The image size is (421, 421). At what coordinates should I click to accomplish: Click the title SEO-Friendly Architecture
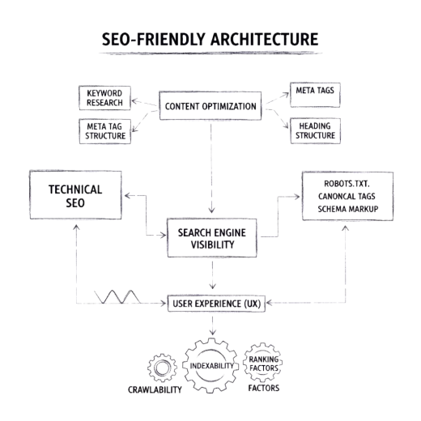pos(210,39)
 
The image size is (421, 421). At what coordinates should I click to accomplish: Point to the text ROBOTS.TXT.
pos(347,184)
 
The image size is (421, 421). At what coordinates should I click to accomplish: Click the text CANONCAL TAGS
pos(347,196)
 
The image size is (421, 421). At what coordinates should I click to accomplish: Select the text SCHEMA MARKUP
pos(348,209)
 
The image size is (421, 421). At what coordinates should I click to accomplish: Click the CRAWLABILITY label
pos(155,389)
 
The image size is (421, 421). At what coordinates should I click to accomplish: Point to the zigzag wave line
pos(117,297)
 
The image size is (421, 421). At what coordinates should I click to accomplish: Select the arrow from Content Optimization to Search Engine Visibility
pos(211,168)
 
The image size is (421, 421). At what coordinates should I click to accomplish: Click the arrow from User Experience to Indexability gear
pos(213,325)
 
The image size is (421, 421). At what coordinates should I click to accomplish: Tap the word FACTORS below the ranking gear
pos(264,388)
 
